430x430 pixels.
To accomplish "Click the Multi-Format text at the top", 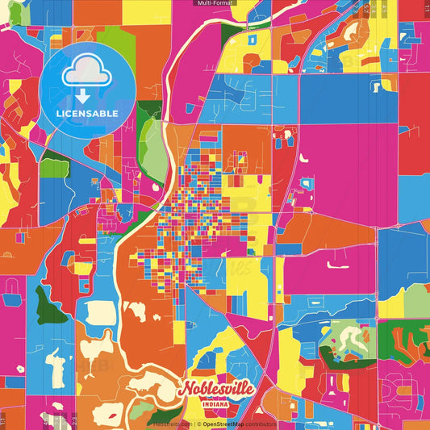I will (x=215, y=4).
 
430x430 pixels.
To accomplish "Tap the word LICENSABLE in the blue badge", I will (x=86, y=113).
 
